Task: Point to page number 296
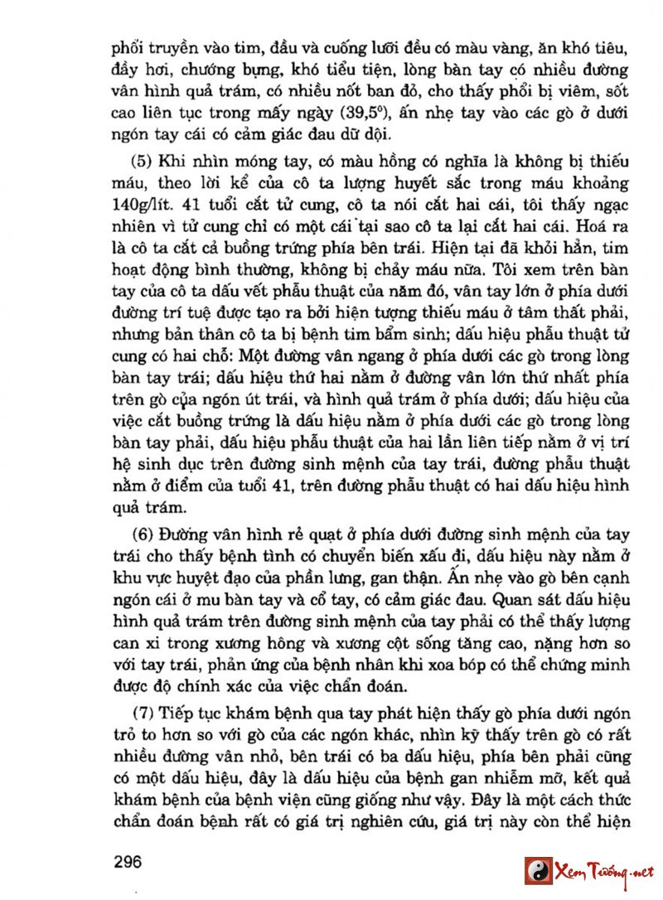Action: [128, 861]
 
